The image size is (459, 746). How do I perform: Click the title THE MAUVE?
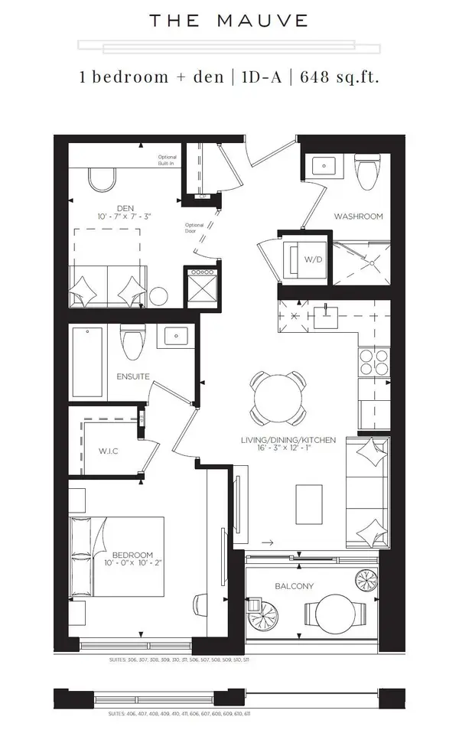click(x=229, y=21)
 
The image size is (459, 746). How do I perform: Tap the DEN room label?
click(x=125, y=208)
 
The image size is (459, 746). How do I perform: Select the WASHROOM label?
click(x=357, y=217)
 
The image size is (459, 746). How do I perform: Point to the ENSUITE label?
click(x=132, y=376)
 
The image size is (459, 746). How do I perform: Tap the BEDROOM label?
click(x=133, y=555)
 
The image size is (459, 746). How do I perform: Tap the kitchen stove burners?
click(x=373, y=362)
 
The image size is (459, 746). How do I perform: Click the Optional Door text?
click(x=194, y=228)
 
